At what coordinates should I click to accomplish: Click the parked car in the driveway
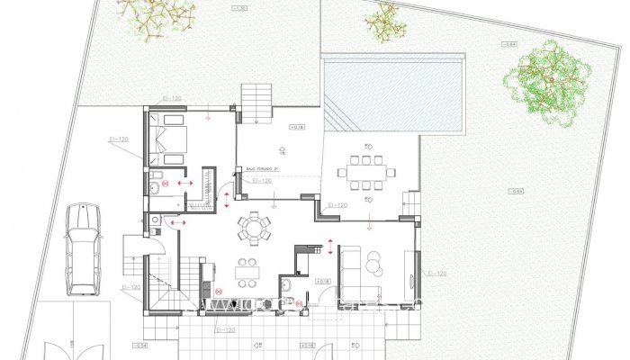click(x=82, y=247)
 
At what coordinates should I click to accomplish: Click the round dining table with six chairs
click(x=254, y=226)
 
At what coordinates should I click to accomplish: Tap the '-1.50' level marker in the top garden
click(x=239, y=8)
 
